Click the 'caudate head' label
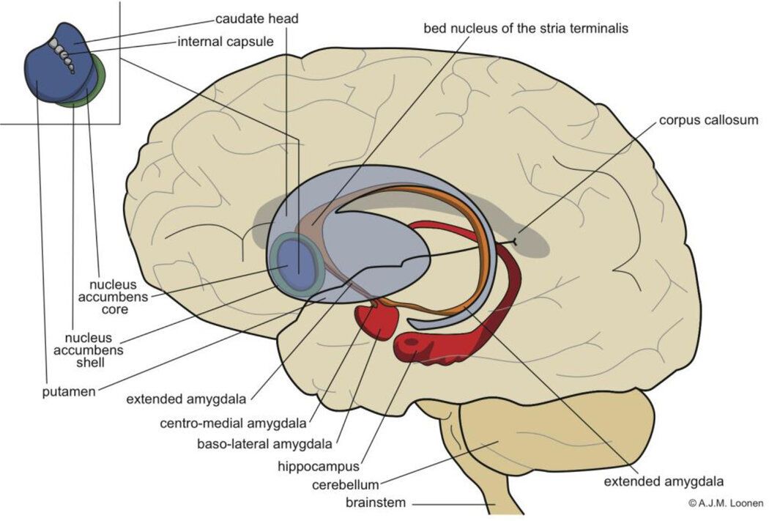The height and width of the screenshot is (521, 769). click(x=256, y=18)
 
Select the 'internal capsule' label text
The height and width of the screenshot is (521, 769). click(x=226, y=41)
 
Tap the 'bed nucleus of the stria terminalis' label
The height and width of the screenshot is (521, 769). click(x=526, y=29)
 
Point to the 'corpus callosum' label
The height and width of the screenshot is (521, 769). click(x=708, y=119)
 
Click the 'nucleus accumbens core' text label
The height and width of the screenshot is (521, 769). click(x=119, y=296)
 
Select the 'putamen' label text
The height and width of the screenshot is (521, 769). click(x=69, y=392)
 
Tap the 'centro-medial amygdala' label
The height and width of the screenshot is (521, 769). click(x=234, y=424)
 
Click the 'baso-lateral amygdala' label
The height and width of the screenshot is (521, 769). click(x=265, y=443)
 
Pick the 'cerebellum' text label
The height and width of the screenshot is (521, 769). click(x=345, y=484)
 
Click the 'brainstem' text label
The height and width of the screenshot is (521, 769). click(x=379, y=503)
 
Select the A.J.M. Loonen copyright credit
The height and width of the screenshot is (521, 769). click(x=725, y=503)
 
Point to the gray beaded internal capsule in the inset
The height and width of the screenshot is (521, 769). click(x=64, y=56)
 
